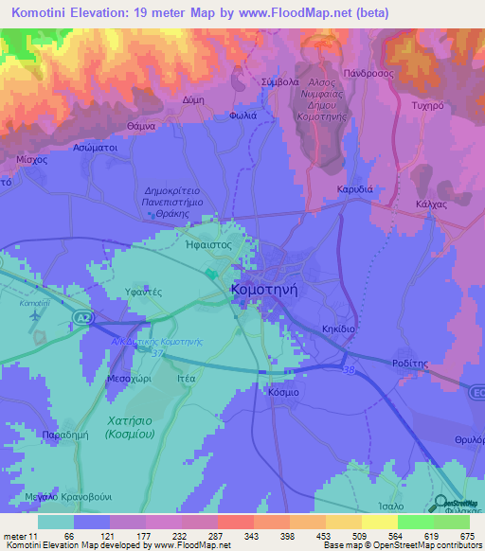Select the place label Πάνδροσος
tap(368, 72)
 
